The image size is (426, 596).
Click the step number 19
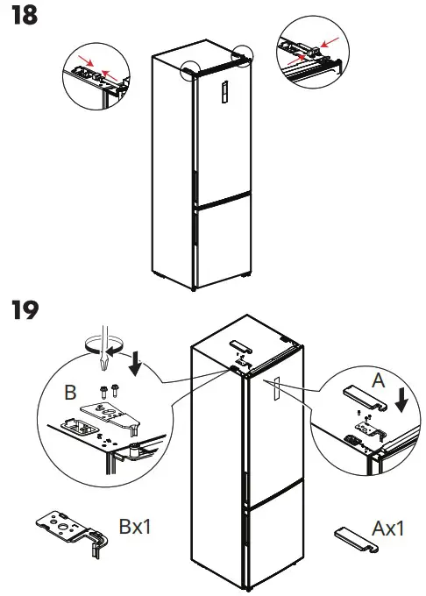(23, 310)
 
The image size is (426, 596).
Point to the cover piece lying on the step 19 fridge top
(238, 345)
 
